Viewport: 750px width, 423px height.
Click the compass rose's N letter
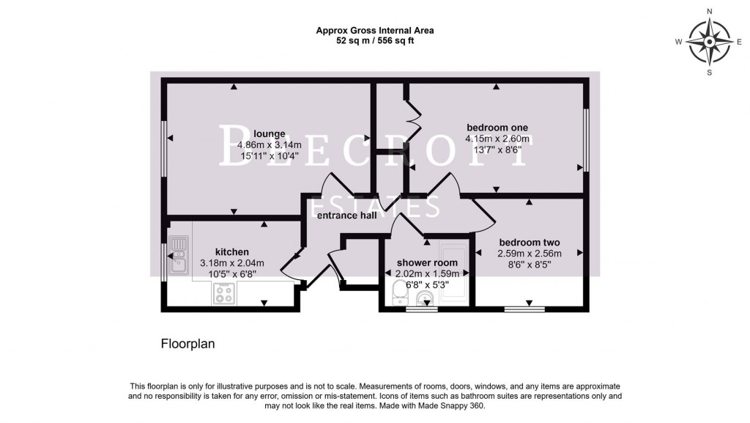click(709, 12)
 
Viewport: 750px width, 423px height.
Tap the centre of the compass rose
click(709, 42)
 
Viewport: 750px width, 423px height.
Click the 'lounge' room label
click(270, 133)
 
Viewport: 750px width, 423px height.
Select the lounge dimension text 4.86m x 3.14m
click(269, 144)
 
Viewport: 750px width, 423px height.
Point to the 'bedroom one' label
click(497, 127)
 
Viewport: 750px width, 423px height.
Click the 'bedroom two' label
click(530, 243)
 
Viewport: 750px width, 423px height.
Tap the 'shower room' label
click(427, 262)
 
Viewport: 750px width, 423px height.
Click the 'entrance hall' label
click(347, 216)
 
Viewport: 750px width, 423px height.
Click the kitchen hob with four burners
click(223, 293)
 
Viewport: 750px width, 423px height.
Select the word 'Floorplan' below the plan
click(187, 343)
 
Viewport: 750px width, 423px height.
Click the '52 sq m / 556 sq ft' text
click(374, 41)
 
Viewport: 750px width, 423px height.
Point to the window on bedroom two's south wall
click(529, 309)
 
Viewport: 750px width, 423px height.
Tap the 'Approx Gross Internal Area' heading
click(374, 31)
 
